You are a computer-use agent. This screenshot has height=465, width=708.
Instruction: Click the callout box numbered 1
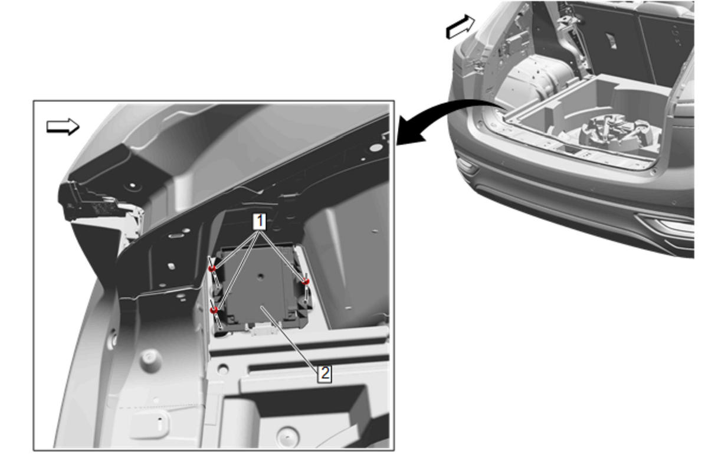(x=259, y=221)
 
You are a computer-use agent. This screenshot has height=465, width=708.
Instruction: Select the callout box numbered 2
(x=324, y=374)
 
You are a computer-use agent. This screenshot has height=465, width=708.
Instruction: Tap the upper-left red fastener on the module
(x=212, y=268)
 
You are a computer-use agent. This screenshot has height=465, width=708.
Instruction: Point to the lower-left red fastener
(x=214, y=309)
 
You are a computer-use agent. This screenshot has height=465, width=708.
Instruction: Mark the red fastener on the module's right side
(x=306, y=281)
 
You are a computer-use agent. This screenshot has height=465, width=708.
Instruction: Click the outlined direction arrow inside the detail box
(x=63, y=127)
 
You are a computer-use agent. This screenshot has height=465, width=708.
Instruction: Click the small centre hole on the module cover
(x=260, y=276)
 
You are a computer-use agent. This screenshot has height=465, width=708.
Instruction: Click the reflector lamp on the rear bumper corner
(x=467, y=165)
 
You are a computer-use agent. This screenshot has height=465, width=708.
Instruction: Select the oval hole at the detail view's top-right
(x=376, y=148)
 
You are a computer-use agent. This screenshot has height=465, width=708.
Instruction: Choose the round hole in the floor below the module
(x=223, y=369)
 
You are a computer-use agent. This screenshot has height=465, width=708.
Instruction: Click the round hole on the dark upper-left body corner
(x=132, y=185)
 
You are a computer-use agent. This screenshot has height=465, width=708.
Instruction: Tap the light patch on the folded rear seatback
(x=611, y=41)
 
